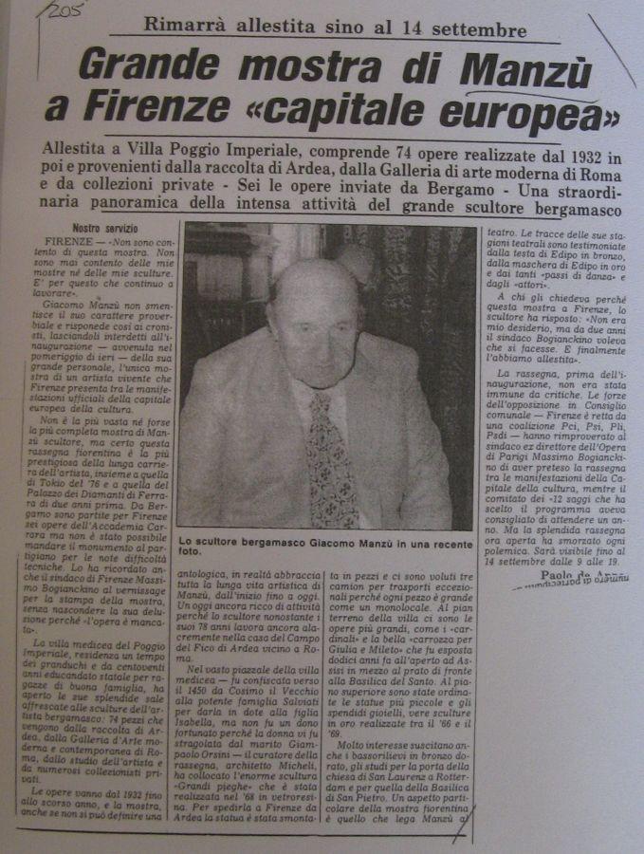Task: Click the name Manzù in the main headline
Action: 523,70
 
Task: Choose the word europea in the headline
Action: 549,113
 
